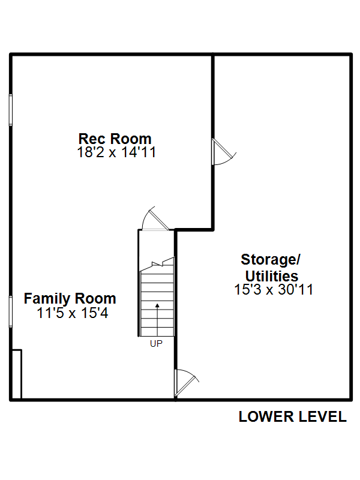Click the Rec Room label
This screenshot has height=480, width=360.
pos(115,139)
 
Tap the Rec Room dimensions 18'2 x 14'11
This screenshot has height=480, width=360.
pos(116,152)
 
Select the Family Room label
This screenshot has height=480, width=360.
pos(70,299)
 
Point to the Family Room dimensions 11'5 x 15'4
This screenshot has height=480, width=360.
pos(72,313)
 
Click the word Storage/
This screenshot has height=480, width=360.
pos(271,260)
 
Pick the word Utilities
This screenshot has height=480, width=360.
pos(272,276)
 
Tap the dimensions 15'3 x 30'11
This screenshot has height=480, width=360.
pos(274,290)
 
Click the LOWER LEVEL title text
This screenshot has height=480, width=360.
pos(292,416)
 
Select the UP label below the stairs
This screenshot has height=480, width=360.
pos(156,344)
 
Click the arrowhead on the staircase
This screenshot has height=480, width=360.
pos(157,305)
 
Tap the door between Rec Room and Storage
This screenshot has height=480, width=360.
pos(223,152)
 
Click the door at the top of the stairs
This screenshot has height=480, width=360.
pos(155,218)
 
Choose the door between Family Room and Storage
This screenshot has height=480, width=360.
pos(187,383)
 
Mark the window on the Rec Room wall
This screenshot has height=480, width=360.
pos(11,110)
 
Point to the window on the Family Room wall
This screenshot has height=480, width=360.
pos(11,311)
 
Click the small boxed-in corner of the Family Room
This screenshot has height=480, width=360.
pos(17,374)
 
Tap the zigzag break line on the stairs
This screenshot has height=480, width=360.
pos(157,264)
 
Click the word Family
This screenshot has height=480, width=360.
pos(47,299)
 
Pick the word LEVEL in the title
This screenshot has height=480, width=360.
pos(322,416)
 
